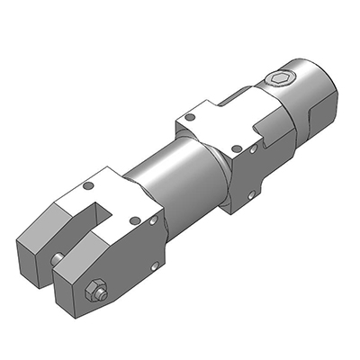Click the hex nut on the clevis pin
point(94,292)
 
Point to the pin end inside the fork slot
point(58,259)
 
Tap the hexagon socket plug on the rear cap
point(280,79)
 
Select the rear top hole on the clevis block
point(88,186)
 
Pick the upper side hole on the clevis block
point(155,218)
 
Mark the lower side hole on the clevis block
point(156,265)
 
